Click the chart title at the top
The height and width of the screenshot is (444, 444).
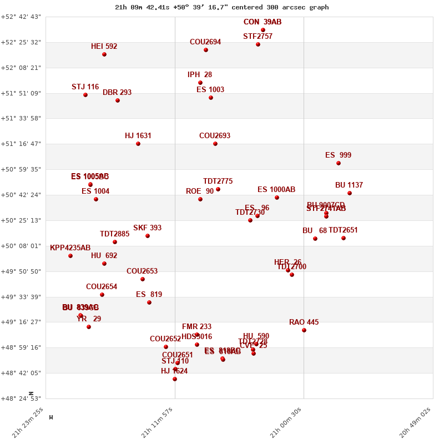[x=222, y=7]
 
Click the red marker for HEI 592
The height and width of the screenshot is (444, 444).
[x=104, y=54]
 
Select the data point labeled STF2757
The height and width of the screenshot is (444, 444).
[x=258, y=44]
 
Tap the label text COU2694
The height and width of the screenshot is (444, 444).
[x=205, y=42]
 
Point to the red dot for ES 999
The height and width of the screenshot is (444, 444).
[x=339, y=163]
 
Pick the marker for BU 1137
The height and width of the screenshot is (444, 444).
[x=350, y=193]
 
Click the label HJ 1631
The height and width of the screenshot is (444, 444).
[x=138, y=136]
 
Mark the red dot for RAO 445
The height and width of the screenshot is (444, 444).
[x=304, y=330]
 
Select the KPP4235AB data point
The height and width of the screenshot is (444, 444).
[x=70, y=256]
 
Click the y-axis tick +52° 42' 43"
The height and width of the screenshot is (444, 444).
[x=21, y=17]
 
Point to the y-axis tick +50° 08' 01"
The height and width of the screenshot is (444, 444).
[x=21, y=246]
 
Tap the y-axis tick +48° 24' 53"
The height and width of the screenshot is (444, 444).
[x=21, y=398]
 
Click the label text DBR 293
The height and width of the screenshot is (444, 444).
[x=117, y=93]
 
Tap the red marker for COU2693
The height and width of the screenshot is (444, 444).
[x=215, y=144]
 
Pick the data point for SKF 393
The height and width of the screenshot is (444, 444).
[x=148, y=236]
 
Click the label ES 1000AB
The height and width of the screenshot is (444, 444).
[x=276, y=190]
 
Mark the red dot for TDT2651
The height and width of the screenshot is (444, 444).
[x=344, y=238]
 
